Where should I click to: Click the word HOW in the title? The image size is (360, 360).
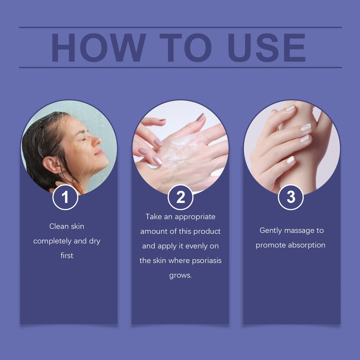click(x=98, y=47)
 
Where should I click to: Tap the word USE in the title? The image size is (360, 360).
click(x=267, y=47)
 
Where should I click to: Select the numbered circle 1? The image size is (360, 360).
click(x=65, y=197)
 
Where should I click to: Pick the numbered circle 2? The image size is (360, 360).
click(x=180, y=197)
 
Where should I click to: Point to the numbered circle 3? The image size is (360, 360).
click(x=291, y=197)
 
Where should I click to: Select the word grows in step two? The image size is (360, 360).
click(x=180, y=275)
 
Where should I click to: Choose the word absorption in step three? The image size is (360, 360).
click(x=307, y=245)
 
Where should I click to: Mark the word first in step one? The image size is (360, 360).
click(x=67, y=255)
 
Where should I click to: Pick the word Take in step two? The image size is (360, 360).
click(x=154, y=217)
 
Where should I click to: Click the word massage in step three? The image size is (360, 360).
click(x=300, y=231)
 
